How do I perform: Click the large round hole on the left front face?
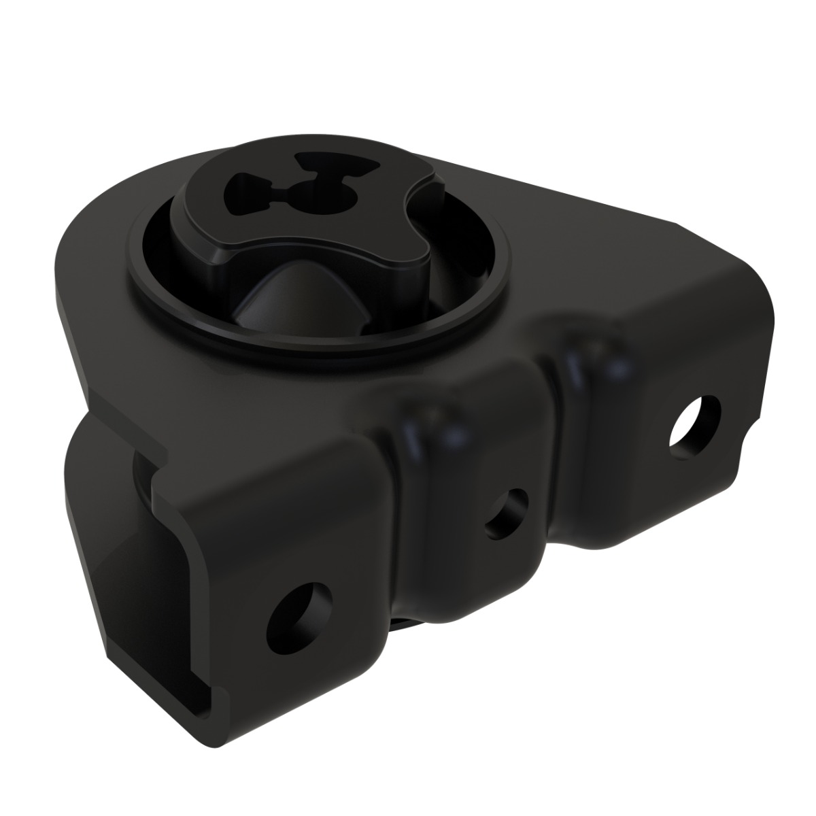coord(298,614)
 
